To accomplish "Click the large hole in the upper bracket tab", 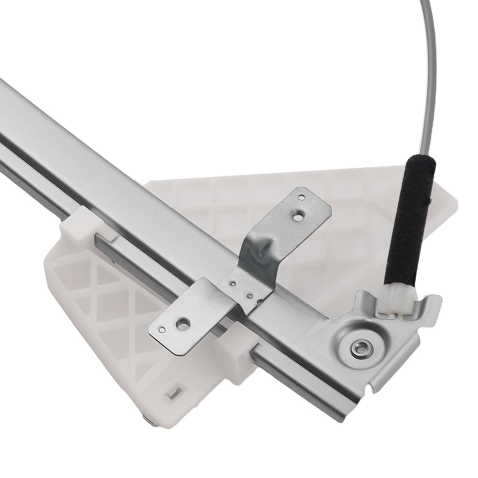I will pyautogui.click(x=298, y=217).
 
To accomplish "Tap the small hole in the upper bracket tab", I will pyautogui.click(x=301, y=196).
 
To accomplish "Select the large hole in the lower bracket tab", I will pyautogui.click(x=182, y=324).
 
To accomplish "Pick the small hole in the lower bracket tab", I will pyautogui.click(x=162, y=330).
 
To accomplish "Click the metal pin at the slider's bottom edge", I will pyautogui.click(x=149, y=419).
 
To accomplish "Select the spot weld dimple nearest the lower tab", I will pyautogui.click(x=232, y=283).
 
